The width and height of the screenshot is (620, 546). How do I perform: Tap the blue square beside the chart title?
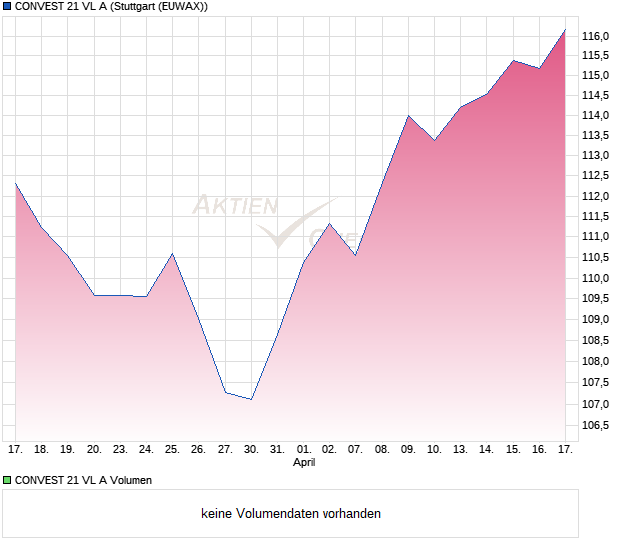coord(7,7)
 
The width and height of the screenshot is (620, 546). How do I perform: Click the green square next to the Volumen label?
coord(7,480)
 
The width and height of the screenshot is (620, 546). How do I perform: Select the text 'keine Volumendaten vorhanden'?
coord(291,514)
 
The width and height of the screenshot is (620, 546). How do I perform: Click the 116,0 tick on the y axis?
coord(596,37)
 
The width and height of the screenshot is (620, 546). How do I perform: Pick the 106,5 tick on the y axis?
coord(596,426)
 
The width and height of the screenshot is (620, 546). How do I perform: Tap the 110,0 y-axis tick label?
coord(596,278)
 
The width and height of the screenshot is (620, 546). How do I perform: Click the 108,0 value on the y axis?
coord(596,361)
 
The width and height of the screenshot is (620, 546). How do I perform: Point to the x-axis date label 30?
coord(251,449)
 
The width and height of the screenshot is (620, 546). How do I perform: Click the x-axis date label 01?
coord(304,449)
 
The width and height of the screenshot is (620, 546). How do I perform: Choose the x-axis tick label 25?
coord(172,449)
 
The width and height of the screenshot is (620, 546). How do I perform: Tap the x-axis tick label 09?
coord(408,449)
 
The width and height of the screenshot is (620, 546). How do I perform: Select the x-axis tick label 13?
coord(460,449)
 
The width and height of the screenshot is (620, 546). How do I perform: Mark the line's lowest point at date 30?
coord(251,399)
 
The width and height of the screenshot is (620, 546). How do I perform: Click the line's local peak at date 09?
coord(408,116)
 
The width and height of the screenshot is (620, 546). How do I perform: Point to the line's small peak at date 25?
coord(172,253)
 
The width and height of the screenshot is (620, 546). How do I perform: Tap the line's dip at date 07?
coord(355,255)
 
